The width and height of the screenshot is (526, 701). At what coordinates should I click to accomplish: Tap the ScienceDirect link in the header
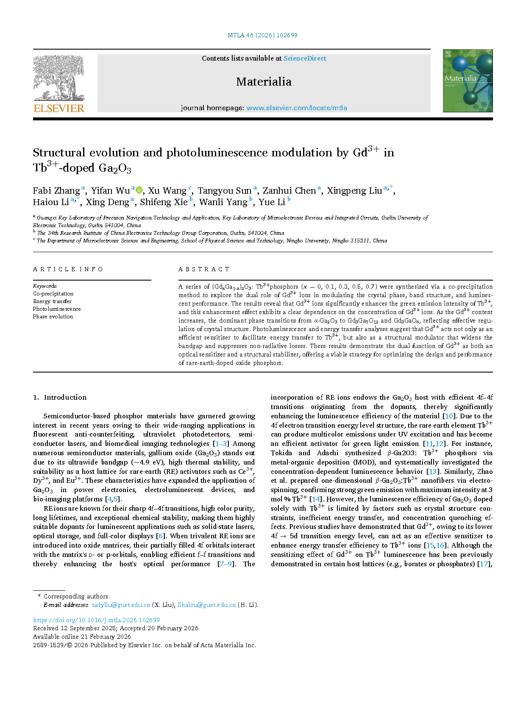tap(305, 58)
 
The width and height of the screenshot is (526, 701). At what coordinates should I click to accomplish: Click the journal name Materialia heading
tap(264, 82)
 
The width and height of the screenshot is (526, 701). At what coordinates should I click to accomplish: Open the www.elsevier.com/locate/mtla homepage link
tap(297, 108)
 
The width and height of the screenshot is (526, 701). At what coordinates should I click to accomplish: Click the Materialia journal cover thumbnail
tap(468, 81)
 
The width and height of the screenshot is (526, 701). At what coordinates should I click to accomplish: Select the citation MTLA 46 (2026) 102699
tap(262, 35)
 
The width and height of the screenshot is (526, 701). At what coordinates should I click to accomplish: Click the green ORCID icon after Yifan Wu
tap(139, 190)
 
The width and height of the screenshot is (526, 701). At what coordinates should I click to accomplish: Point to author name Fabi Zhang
tap(56, 191)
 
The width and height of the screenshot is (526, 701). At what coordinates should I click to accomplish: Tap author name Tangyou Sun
tap(225, 191)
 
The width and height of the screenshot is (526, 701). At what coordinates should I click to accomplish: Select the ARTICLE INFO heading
tap(68, 269)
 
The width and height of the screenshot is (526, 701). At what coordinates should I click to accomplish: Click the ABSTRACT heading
tap(204, 269)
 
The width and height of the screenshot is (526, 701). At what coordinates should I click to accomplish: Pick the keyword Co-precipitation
tap(53, 294)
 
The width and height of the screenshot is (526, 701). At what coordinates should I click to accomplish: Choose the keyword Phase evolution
tap(53, 317)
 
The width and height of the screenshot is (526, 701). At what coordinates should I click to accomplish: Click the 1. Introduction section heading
tap(60, 397)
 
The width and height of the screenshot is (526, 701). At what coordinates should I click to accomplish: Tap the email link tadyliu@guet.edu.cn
tap(121, 605)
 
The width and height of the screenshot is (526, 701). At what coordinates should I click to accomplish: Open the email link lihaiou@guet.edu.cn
tap(206, 605)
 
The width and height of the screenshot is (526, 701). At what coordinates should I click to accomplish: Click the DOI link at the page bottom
tap(96, 620)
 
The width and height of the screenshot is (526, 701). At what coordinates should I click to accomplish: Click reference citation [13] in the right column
tap(433, 471)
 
